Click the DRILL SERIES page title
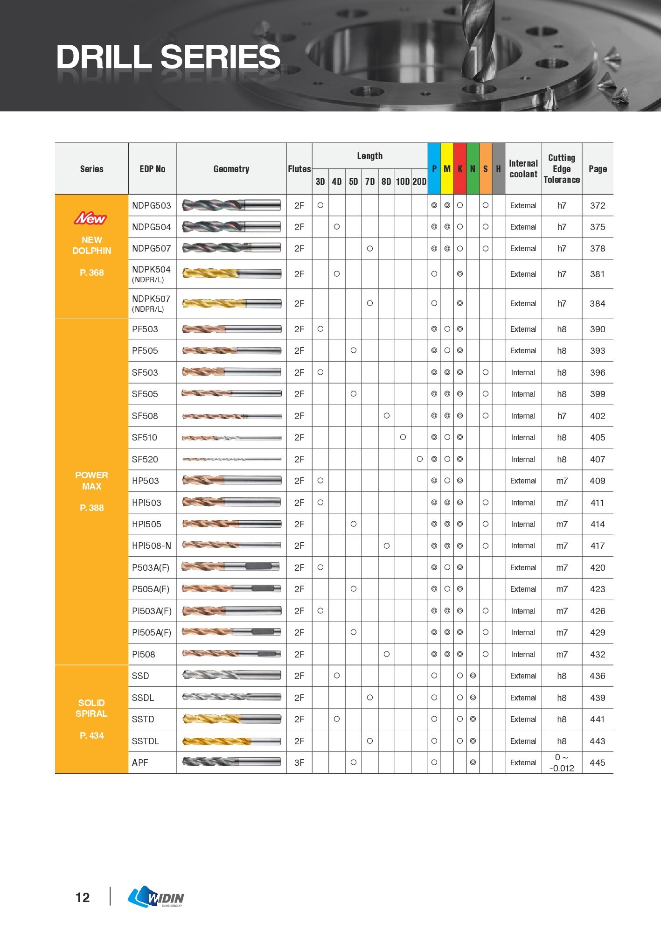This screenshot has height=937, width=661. click(x=168, y=57)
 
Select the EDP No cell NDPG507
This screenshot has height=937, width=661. click(x=152, y=249)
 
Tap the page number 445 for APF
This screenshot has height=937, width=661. click(x=597, y=762)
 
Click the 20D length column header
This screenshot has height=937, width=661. click(x=419, y=182)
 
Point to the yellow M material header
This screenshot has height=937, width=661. click(x=447, y=169)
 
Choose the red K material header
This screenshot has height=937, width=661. click(x=460, y=169)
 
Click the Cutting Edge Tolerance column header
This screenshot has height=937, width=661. click(x=562, y=169)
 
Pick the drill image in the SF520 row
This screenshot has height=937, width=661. click(x=231, y=459)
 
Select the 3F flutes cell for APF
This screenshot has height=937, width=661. click(x=299, y=762)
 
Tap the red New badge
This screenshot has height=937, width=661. click(x=91, y=218)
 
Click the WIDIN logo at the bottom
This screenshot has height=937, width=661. click(x=156, y=897)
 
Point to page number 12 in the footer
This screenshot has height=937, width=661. click(x=83, y=897)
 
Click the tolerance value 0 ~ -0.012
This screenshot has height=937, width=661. click(x=562, y=762)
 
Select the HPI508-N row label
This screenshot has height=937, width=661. click(x=152, y=545)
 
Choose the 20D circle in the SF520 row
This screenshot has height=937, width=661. click(x=419, y=459)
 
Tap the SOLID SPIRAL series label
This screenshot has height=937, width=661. click(x=91, y=708)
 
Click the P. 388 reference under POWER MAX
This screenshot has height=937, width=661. click(x=91, y=508)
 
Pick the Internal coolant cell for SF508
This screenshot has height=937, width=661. click(x=523, y=416)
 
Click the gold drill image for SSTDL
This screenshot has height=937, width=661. click(x=231, y=741)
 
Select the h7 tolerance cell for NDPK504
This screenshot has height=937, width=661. click(x=562, y=274)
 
